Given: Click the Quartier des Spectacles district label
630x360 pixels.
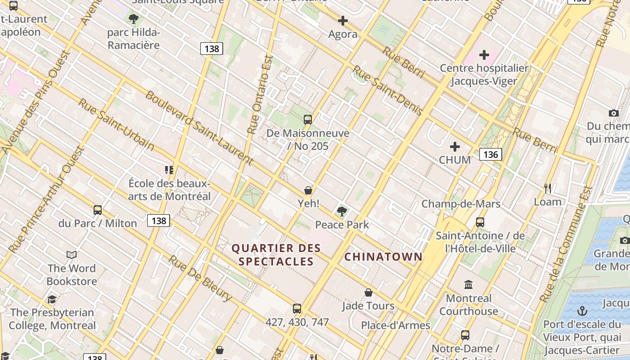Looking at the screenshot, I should pos(276,255).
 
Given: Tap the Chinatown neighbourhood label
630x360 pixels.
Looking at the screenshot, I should pos(383,256).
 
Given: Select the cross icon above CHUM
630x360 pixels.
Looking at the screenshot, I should pos(455,147).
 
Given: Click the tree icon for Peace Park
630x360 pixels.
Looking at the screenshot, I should pos(342,211).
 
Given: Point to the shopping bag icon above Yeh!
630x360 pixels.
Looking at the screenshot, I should pos(308,190).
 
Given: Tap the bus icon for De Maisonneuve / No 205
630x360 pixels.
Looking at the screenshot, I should pos(308,120).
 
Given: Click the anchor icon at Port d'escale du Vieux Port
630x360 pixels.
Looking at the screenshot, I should pos(582,311).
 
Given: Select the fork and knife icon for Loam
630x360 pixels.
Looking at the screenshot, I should pos(548,188).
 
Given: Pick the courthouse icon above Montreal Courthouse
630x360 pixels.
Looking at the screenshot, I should pos(468,284).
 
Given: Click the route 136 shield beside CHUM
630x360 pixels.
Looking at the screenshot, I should pos(490,154).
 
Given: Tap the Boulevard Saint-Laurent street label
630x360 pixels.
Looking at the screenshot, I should pos(199,128).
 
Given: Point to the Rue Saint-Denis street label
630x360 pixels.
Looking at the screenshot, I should pos(387,90).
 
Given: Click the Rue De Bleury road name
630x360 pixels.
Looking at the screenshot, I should pos(201,279).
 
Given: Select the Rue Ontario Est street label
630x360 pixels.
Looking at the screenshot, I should pos(260,94).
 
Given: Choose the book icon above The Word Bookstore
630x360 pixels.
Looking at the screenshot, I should pos(72,255).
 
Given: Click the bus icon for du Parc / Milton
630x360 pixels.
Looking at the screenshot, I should pos(98,210).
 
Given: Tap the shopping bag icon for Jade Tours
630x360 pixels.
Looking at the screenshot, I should pos(369,292).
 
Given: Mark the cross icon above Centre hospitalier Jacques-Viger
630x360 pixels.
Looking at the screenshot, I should pos(484,55).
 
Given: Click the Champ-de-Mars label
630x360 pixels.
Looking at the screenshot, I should pos(461,204).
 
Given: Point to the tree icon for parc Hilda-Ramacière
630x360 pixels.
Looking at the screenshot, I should pos(133,19).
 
